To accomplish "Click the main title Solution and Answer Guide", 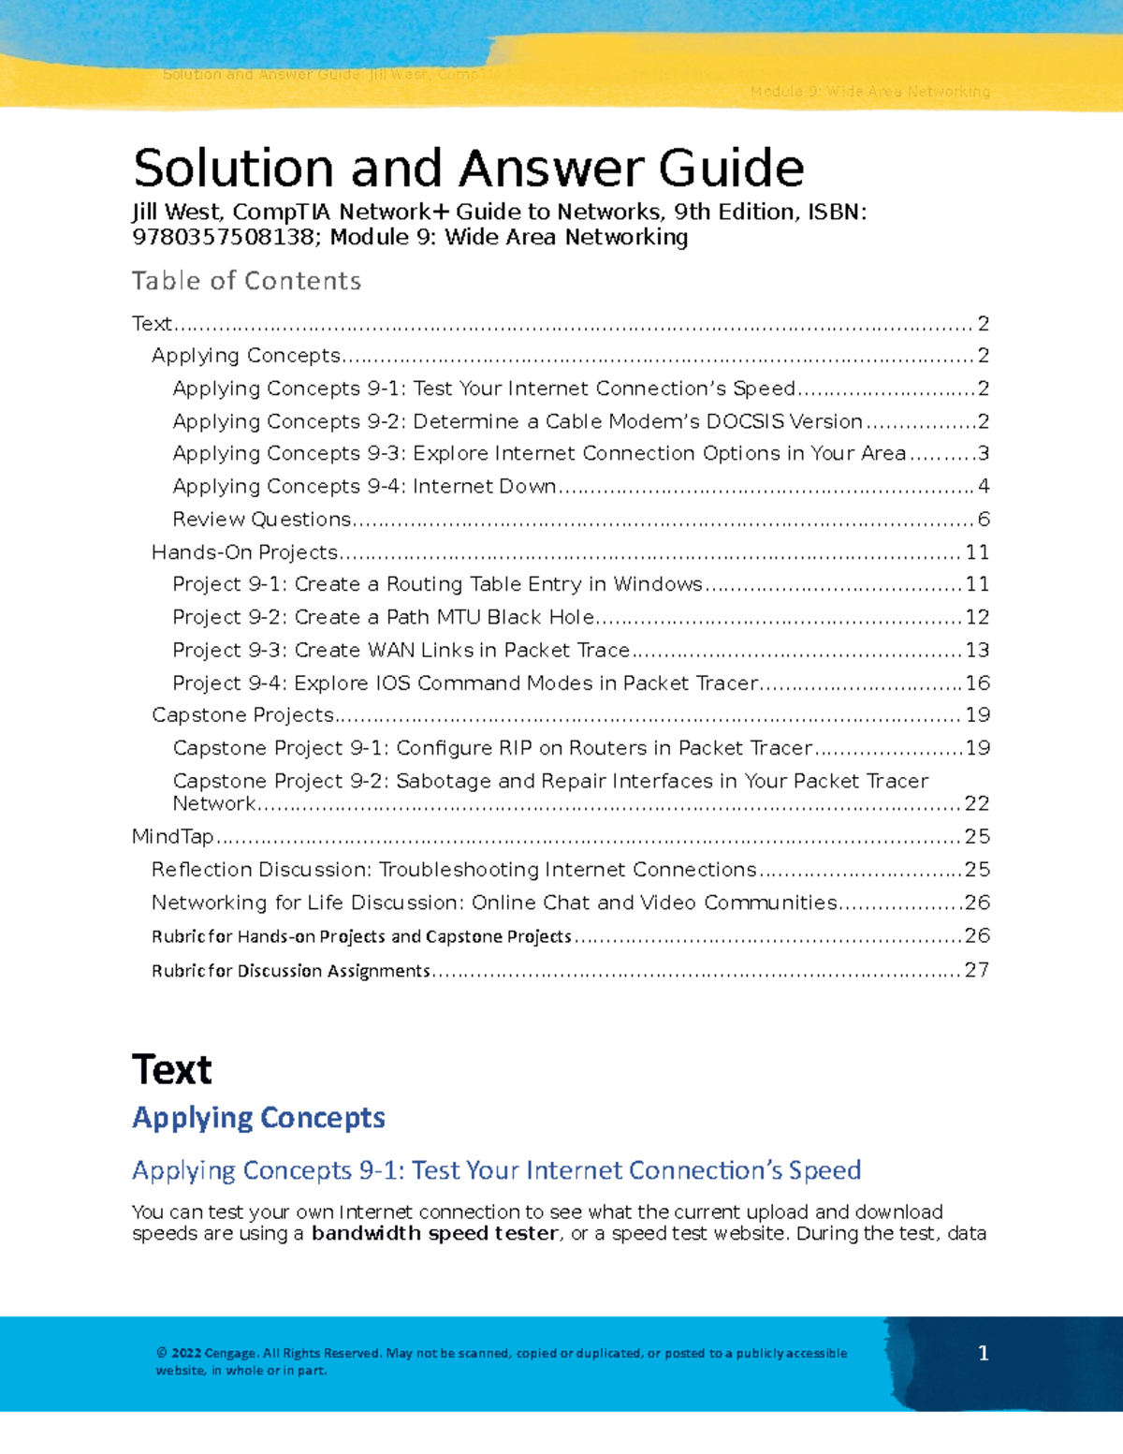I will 468,169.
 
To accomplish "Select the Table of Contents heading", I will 246,281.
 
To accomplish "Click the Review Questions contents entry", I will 262,520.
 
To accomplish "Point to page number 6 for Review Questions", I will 984,520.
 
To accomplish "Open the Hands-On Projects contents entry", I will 244,552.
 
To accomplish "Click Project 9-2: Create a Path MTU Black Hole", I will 384,618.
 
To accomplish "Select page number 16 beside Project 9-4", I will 978,683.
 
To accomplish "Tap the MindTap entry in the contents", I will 173,837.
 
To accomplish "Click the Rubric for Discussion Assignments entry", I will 291,971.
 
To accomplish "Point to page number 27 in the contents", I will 977,971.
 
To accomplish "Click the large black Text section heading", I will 172,1070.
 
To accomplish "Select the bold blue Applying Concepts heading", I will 258,1118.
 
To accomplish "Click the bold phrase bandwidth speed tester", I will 435,1234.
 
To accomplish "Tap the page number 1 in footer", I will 983,1353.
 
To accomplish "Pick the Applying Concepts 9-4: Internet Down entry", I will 365,487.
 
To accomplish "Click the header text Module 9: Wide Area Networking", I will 869,92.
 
